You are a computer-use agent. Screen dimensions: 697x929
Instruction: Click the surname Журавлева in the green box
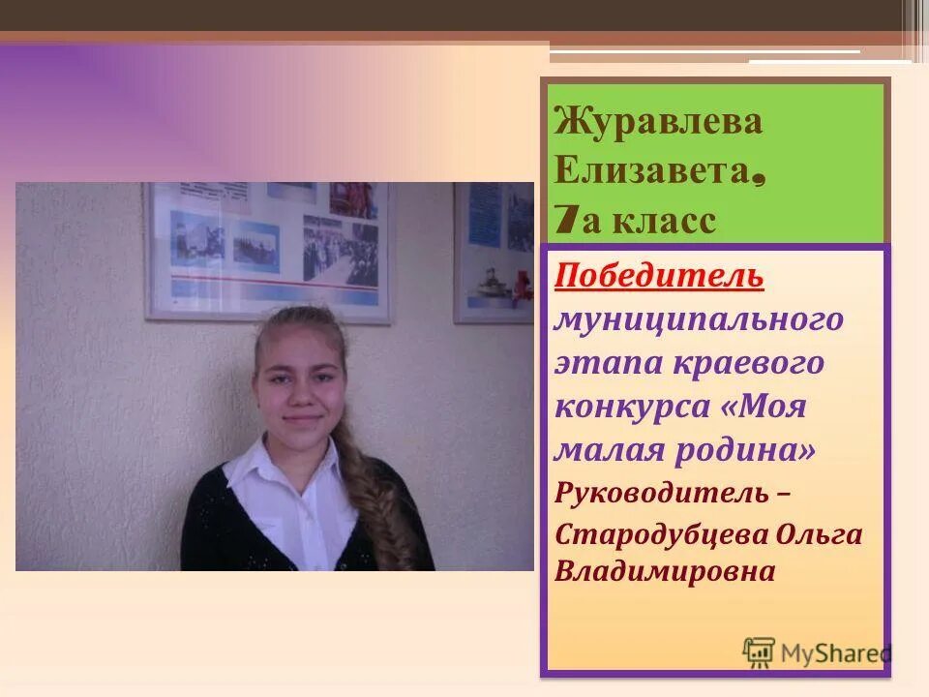pyautogui.click(x=658, y=123)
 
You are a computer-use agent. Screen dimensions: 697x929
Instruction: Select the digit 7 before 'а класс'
pyautogui.click(x=563, y=221)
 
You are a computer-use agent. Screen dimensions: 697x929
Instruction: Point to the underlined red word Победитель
pyautogui.click(x=659, y=276)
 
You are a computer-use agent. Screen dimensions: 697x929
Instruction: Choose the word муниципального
pyautogui.click(x=699, y=319)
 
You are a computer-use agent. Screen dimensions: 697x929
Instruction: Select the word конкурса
pyautogui.click(x=631, y=407)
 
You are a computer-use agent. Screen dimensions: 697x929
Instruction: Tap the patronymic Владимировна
pyautogui.click(x=665, y=571)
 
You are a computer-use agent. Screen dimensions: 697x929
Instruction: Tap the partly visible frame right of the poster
pyautogui.click(x=494, y=252)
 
